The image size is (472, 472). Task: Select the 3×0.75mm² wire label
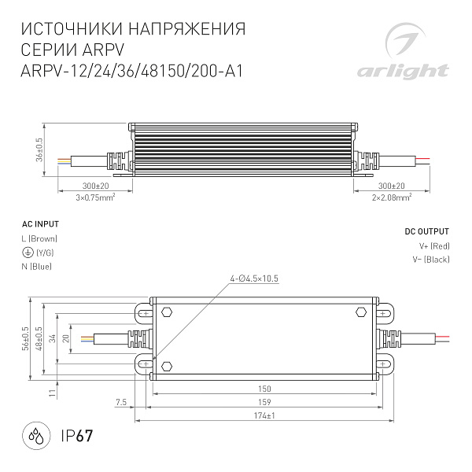pyautogui.click(x=95, y=197)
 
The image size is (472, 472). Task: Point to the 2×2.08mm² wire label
pyautogui.click(x=392, y=197)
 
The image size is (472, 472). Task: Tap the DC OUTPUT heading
pyautogui.click(x=426, y=232)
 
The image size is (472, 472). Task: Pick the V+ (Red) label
pyautogui.click(x=433, y=246)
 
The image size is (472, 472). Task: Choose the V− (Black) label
pyautogui.click(x=430, y=260)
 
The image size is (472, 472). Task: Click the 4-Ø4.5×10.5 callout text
pyautogui.click(x=254, y=278)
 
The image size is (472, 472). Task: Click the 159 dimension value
pyautogui.click(x=264, y=402)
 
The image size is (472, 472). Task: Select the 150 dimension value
pyautogui.click(x=264, y=389)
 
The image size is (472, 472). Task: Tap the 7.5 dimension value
pyautogui.click(x=120, y=402)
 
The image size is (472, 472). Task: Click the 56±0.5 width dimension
pyautogui.click(x=27, y=338)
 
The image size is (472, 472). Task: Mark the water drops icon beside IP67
pyautogui.click(x=35, y=437)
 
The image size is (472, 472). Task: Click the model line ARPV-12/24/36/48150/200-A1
pyautogui.click(x=130, y=69)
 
